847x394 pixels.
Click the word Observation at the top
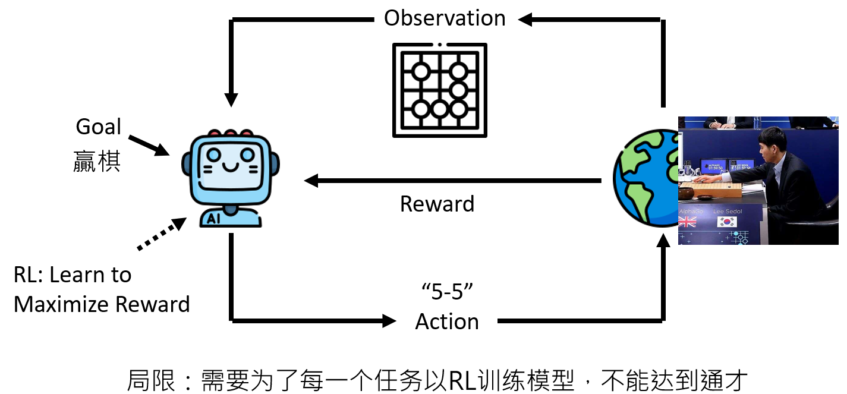pyautogui.click(x=445, y=18)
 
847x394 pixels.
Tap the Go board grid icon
pyautogui.click(x=439, y=90)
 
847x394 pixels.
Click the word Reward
pyautogui.click(x=437, y=204)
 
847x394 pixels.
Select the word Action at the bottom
pyautogui.click(x=447, y=321)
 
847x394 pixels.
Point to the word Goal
pyautogui.click(x=98, y=127)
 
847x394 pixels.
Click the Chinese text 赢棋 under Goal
pyautogui.click(x=97, y=162)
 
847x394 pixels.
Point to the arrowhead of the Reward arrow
pyautogui.click(x=312, y=181)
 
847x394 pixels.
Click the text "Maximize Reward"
pyautogui.click(x=102, y=304)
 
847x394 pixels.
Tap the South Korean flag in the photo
pyautogui.click(x=726, y=222)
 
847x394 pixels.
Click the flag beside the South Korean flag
pyautogui.click(x=687, y=222)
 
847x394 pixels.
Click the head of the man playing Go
pyautogui.click(x=772, y=144)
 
